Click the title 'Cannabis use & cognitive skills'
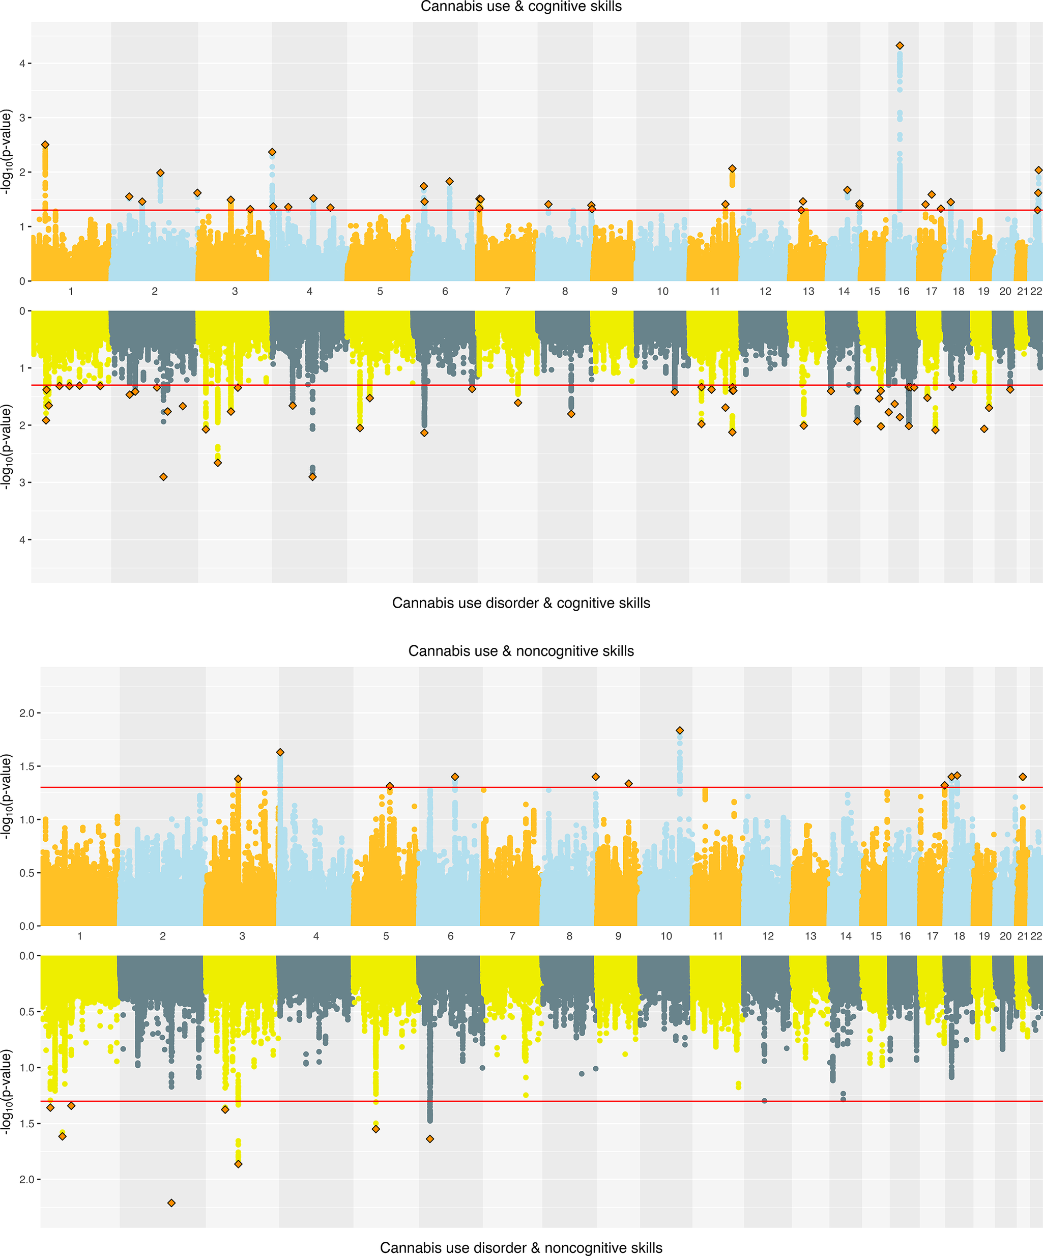[521, 7]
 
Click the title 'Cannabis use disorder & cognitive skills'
[521, 603]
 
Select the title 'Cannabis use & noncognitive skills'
[521, 651]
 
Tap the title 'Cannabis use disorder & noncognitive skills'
[521, 1248]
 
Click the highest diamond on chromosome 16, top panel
[900, 45]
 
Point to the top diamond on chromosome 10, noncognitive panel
[679, 730]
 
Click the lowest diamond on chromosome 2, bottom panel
[171, 1203]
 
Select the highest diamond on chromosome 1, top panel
[45, 145]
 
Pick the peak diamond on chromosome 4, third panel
[280, 752]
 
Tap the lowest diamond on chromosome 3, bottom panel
[238, 1164]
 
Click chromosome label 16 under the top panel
[903, 291]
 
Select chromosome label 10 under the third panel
[666, 936]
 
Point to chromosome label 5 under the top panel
[380, 291]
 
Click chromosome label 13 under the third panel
[810, 936]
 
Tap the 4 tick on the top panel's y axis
[22, 64]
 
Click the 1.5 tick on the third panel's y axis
[26, 766]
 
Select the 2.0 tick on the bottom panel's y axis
[26, 1180]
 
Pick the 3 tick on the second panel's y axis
[22, 482]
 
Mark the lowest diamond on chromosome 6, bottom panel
[429, 1139]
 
